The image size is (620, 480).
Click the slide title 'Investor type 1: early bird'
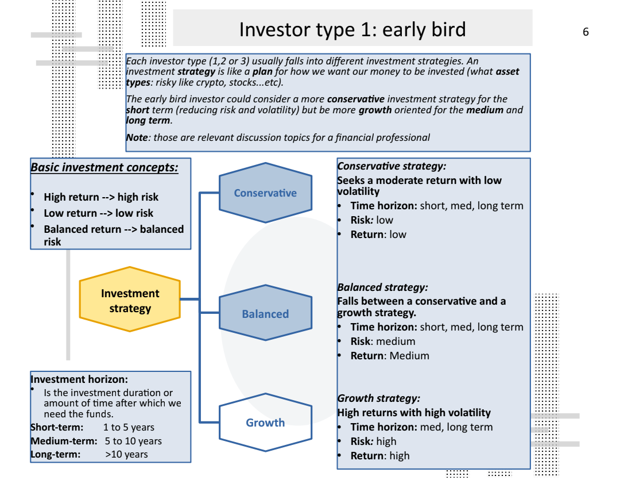[x=352, y=29]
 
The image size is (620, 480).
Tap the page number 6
[x=586, y=32]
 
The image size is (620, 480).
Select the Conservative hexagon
[x=265, y=193]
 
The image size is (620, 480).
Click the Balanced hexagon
[x=265, y=314]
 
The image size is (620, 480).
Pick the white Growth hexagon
[x=265, y=423]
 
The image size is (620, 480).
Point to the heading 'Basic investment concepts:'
[x=104, y=167]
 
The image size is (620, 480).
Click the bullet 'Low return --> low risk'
[x=98, y=213]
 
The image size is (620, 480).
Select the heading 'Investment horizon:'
[x=79, y=379]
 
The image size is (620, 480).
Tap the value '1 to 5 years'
[x=129, y=427]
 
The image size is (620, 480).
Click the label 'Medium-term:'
[x=64, y=441]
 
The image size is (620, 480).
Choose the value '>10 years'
[x=126, y=454]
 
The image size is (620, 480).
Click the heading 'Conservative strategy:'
[x=392, y=166]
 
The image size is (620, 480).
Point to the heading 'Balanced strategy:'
[x=382, y=287]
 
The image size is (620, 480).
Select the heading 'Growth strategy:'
[x=378, y=398]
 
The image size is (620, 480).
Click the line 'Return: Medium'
[x=390, y=356]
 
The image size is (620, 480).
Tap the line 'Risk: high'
[x=373, y=441]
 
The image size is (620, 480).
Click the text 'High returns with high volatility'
[x=414, y=412]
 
